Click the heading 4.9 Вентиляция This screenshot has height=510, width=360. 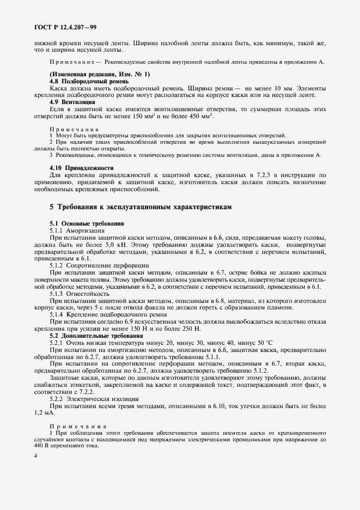click(x=69, y=102)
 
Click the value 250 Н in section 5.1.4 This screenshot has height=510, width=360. click(x=188, y=329)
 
